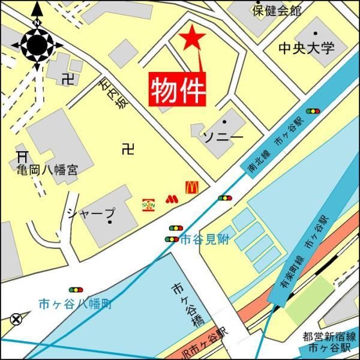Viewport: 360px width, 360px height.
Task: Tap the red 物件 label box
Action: [x=178, y=89]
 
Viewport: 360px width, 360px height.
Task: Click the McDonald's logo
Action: [x=191, y=187]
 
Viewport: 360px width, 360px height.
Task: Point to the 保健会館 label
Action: [x=277, y=10]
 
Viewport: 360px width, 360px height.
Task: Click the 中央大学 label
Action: [x=307, y=48]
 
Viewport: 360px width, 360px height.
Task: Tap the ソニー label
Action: [x=223, y=137]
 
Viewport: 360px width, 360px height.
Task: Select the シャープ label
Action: [x=91, y=214]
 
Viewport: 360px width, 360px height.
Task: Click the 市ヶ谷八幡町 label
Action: [x=74, y=303]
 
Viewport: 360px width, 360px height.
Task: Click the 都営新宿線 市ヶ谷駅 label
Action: [x=329, y=341]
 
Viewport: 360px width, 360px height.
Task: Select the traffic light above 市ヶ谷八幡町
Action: [x=76, y=290]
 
